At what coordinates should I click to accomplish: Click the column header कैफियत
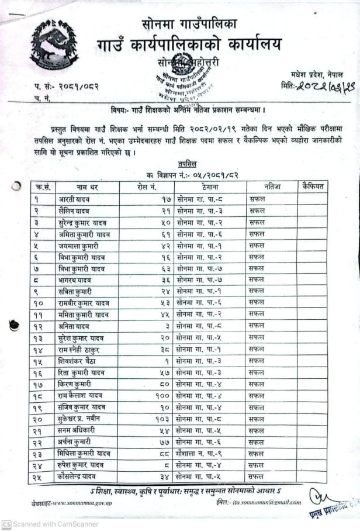click(312, 186)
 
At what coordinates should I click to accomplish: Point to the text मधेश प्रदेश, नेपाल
click(317, 74)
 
